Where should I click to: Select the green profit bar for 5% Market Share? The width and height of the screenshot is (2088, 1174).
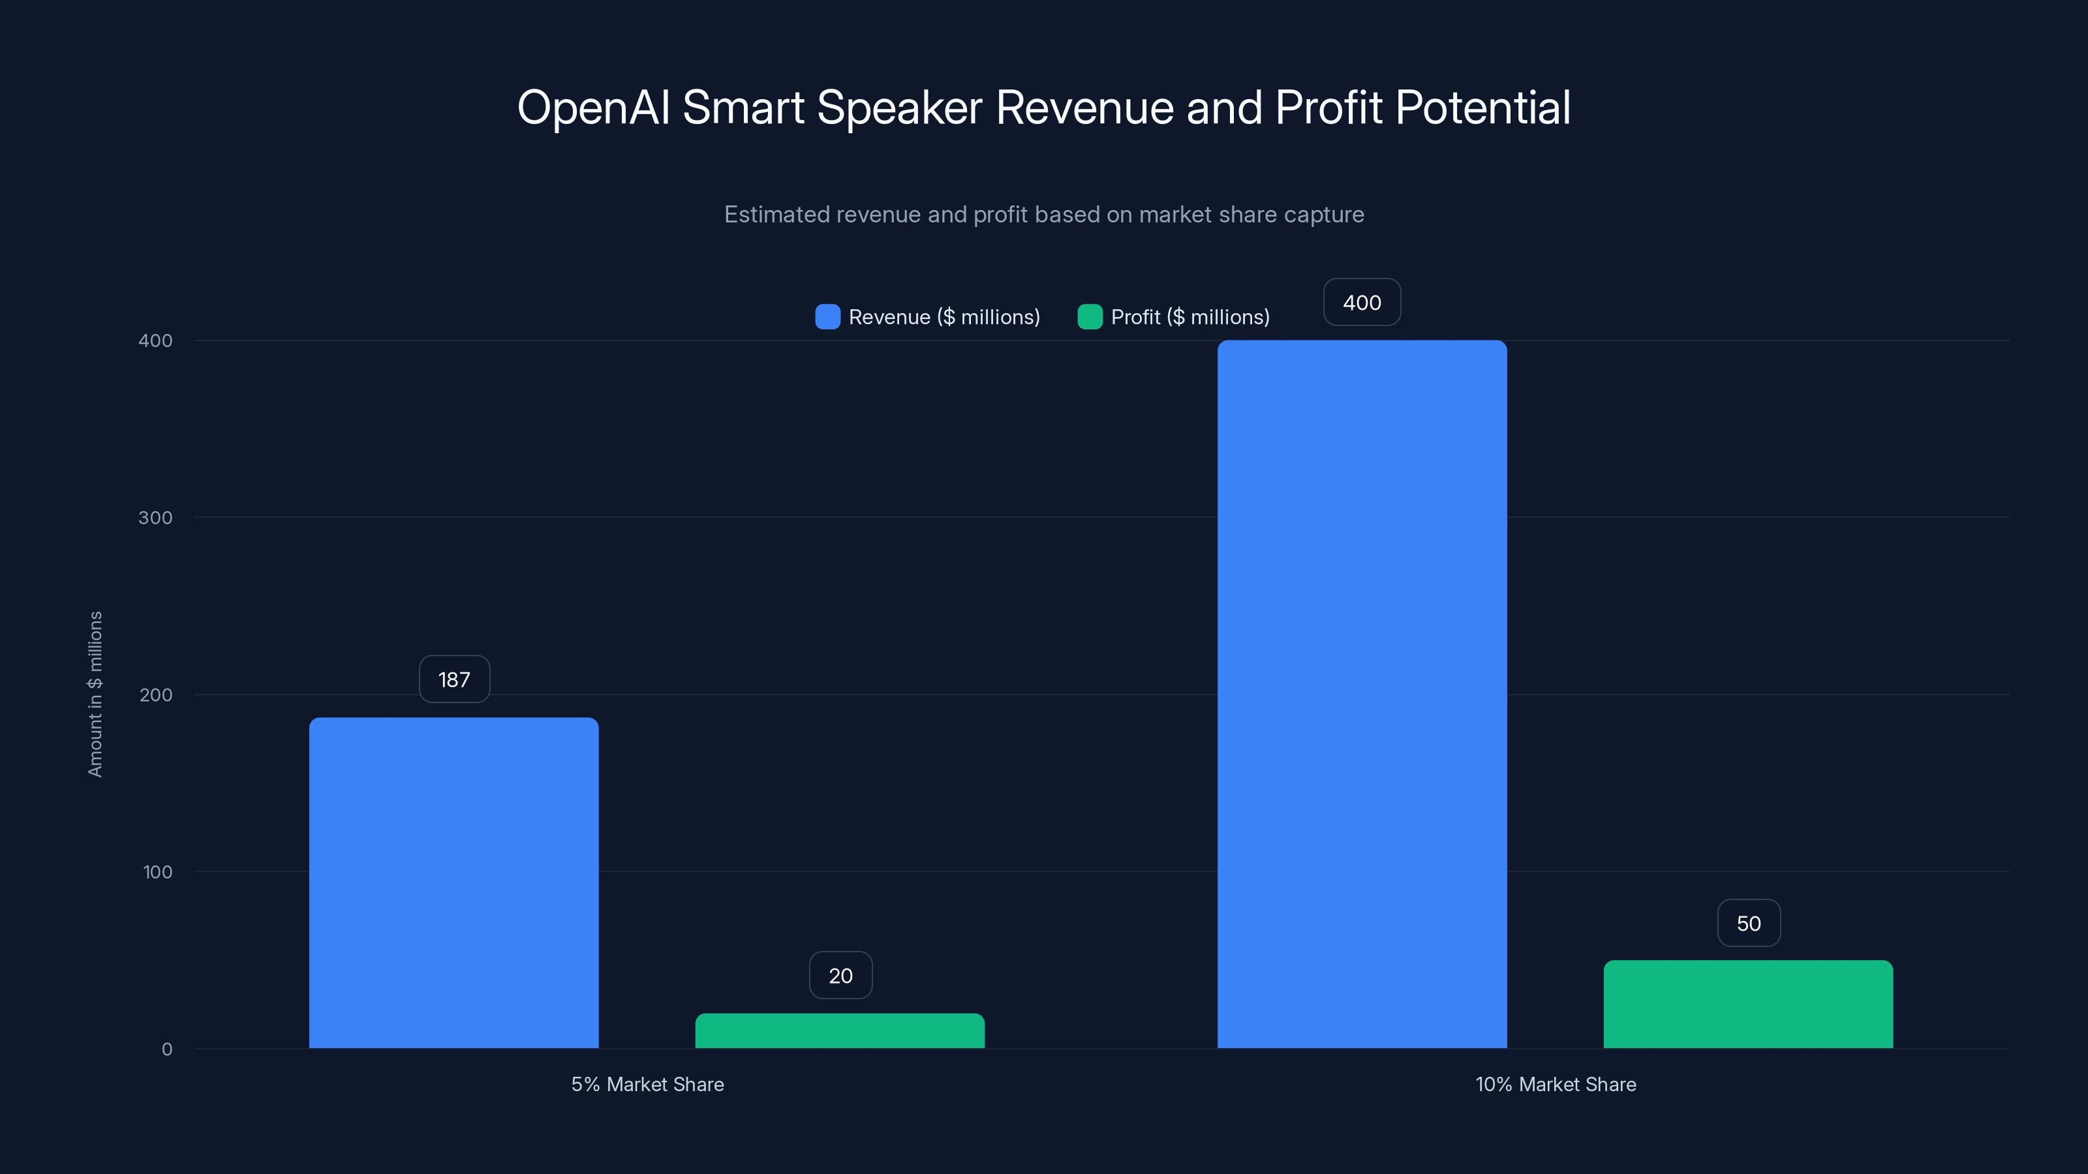(840, 1031)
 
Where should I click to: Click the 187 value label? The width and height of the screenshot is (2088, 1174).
(454, 679)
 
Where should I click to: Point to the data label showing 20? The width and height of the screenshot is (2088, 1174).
(840, 976)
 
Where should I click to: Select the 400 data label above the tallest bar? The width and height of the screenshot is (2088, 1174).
(1362, 302)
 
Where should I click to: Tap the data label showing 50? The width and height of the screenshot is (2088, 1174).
(1749, 923)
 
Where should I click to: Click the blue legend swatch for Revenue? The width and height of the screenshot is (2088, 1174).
(827, 317)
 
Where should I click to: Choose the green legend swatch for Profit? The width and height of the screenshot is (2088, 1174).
(1090, 317)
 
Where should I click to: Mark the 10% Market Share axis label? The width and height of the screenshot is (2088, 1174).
(1555, 1084)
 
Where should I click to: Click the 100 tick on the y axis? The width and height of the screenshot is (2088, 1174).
(157, 872)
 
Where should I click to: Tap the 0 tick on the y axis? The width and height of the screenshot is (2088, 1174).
(166, 1049)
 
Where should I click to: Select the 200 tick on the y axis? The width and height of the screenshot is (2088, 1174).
(156, 695)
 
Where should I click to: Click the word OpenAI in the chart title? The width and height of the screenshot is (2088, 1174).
(593, 108)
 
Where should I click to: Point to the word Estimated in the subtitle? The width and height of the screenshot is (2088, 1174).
(776, 215)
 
